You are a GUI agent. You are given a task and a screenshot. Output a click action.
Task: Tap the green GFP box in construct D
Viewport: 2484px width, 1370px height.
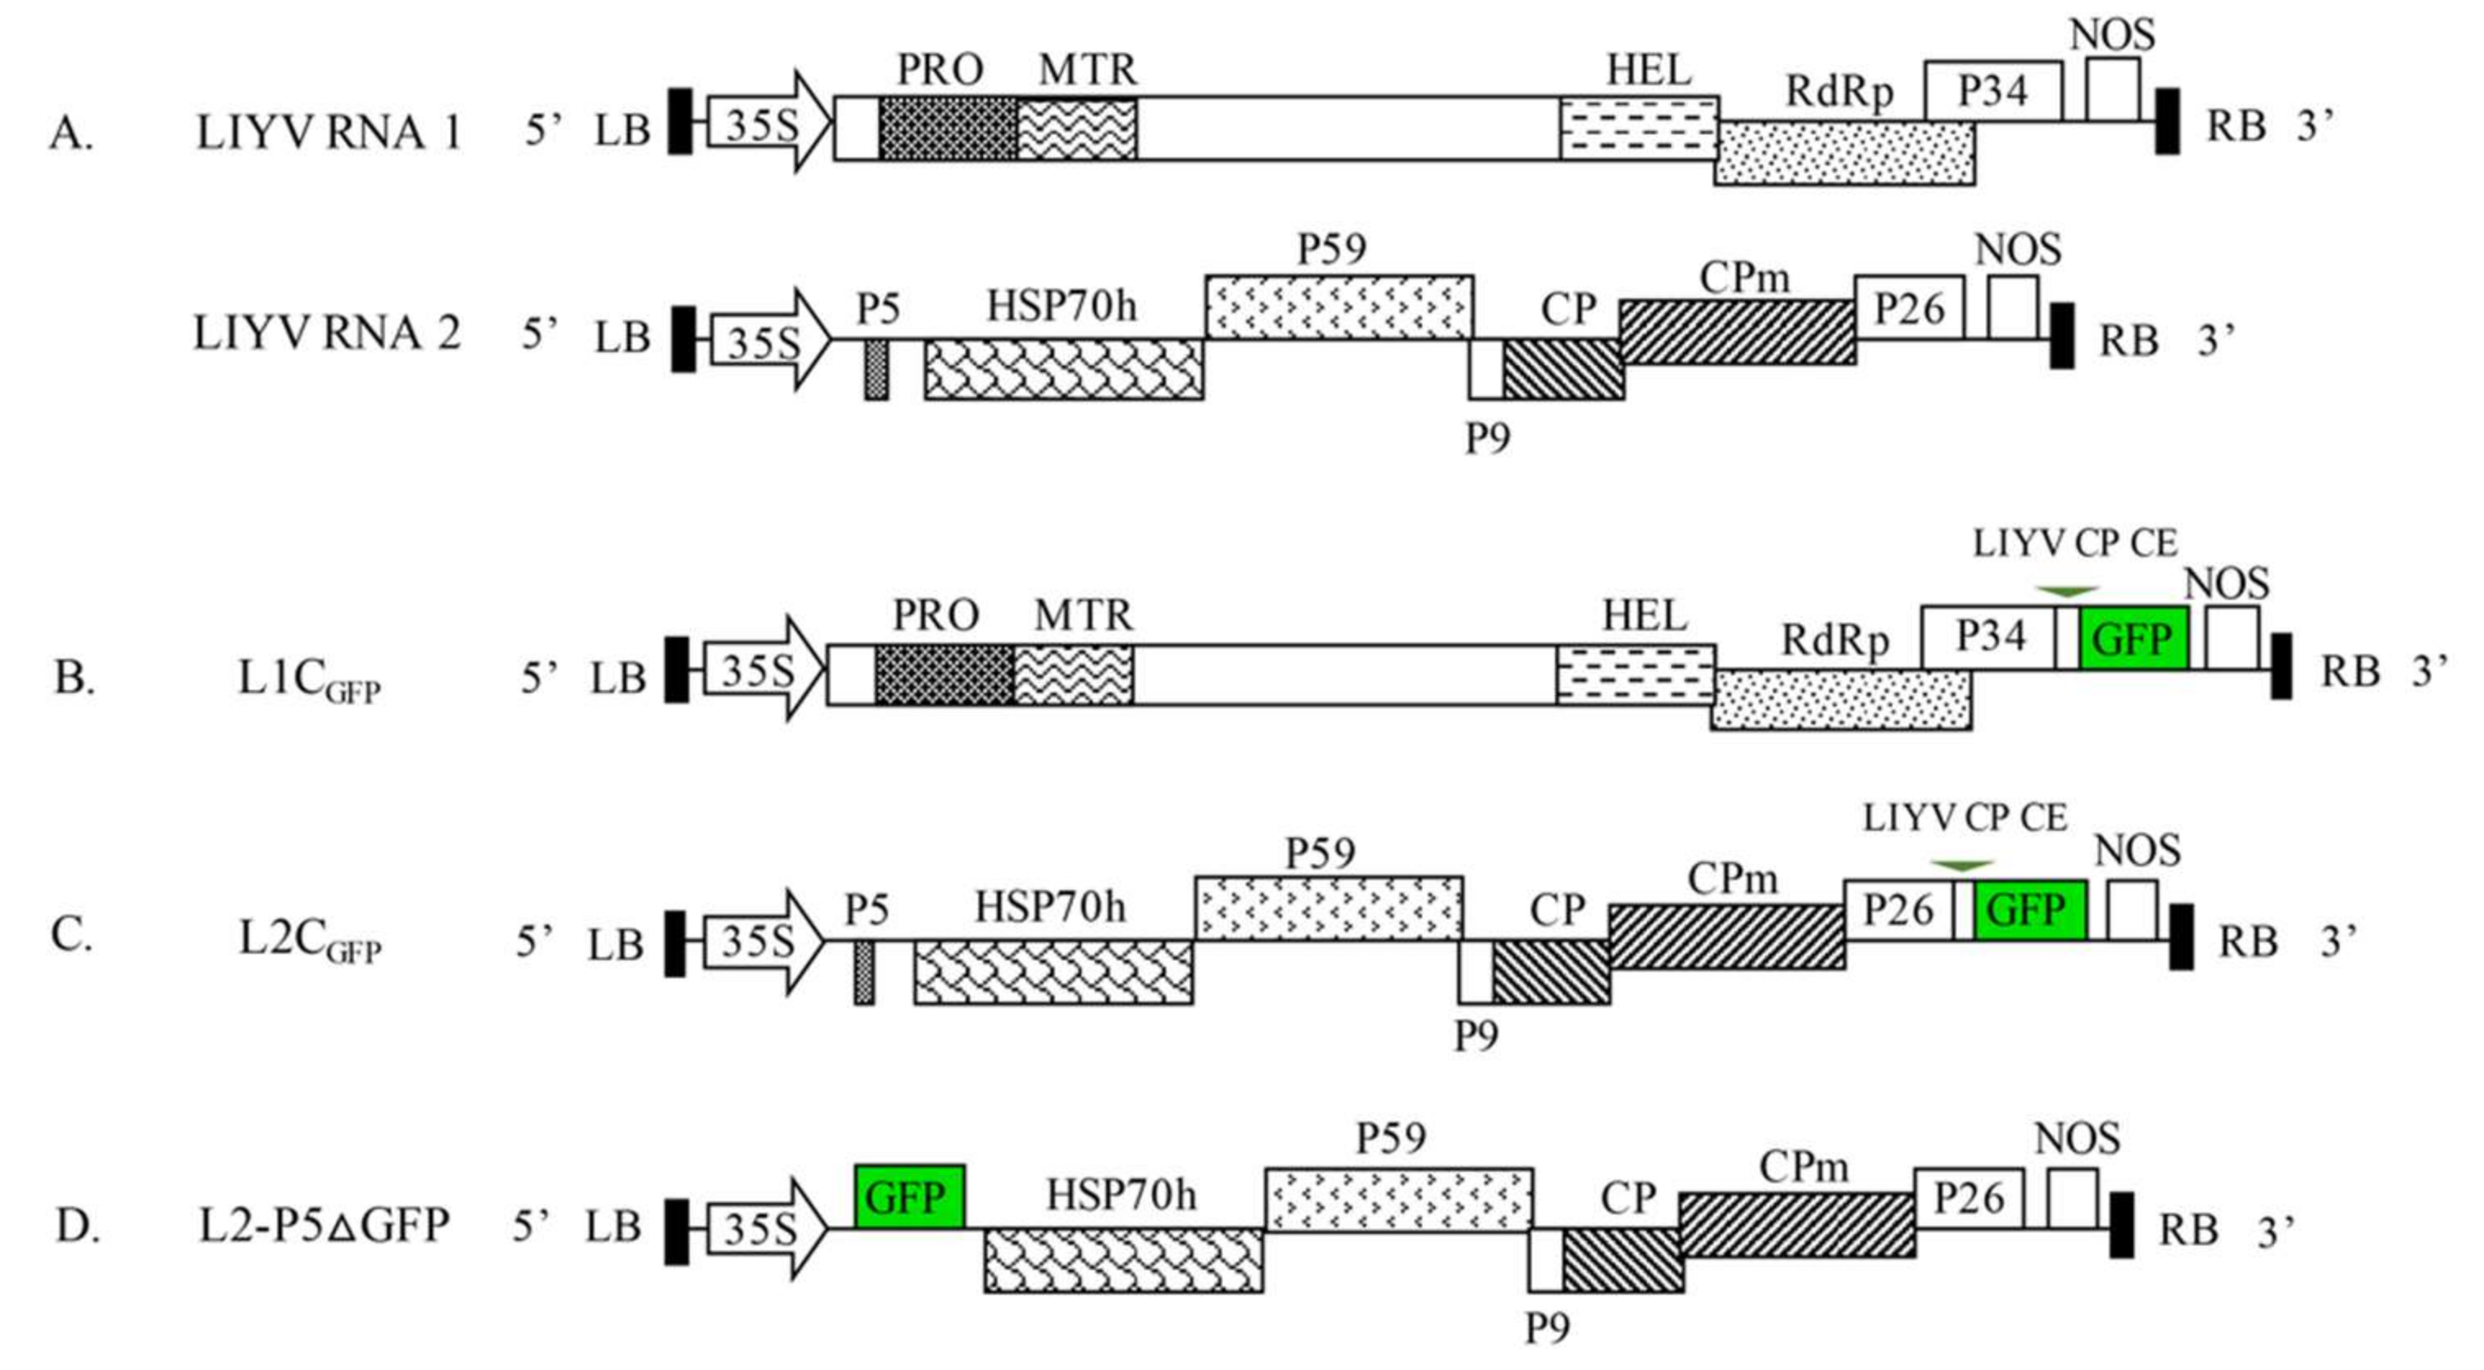coord(909,1196)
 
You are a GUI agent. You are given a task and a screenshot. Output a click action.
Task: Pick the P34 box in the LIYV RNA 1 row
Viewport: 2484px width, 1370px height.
coord(1993,91)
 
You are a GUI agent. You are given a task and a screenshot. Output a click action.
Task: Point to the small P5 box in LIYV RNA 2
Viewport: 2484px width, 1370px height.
coord(876,370)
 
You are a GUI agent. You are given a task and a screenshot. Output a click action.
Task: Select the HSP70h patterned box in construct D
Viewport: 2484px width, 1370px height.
coord(1123,1260)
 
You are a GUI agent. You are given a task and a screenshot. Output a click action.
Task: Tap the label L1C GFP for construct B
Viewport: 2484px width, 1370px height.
coord(309,681)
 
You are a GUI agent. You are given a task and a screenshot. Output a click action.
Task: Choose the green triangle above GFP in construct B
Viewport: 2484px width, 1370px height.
coord(2065,590)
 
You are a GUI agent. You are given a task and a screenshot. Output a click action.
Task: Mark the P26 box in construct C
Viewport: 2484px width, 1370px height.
coord(1897,910)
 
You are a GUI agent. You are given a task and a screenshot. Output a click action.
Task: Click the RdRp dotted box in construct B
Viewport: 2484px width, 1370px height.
coord(1841,700)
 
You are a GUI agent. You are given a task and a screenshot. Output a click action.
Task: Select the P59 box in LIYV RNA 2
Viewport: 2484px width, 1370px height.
coord(1339,306)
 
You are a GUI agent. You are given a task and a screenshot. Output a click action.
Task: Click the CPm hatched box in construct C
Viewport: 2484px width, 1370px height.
coord(1727,937)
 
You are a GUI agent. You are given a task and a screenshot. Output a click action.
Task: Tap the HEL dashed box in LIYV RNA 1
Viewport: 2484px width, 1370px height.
coord(1639,127)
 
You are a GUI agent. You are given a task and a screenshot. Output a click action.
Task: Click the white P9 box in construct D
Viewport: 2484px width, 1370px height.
coord(1546,1260)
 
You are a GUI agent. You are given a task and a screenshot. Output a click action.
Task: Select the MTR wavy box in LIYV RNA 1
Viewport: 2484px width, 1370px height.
coord(1077,127)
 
